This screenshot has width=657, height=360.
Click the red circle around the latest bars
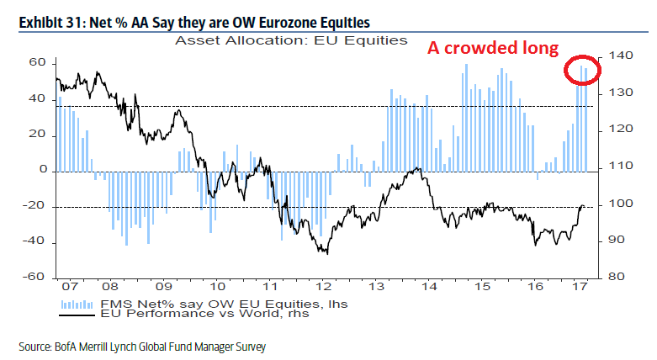coord(581,71)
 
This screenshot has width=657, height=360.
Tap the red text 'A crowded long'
coord(493,48)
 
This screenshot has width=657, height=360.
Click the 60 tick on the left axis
coord(38,63)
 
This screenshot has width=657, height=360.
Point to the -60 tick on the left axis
coord(35,277)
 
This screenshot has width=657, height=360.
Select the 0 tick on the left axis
coord(41,170)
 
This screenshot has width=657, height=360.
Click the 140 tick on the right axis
coord(618,56)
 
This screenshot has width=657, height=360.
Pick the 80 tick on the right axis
coord(615,277)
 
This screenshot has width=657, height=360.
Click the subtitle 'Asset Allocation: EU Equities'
coord(290,40)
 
